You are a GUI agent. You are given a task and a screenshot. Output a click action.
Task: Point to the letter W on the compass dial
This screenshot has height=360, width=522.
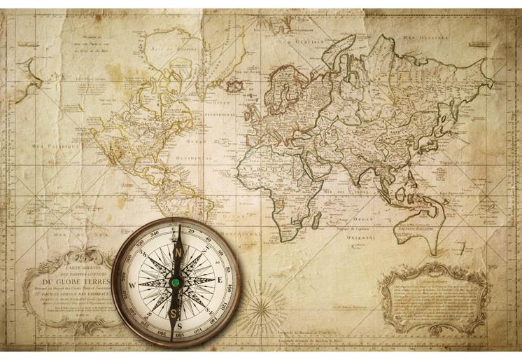pos(134,285)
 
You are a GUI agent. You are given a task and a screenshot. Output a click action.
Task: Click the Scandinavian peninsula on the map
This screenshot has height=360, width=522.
pos(285,77)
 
